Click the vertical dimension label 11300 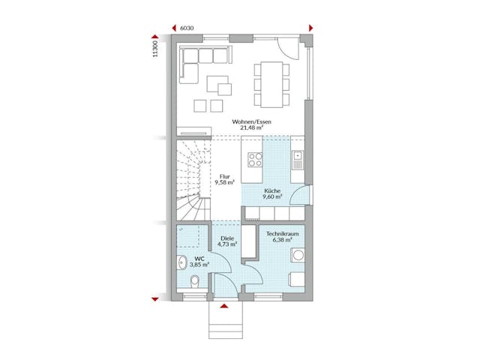(155, 49)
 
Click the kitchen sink (298, 159)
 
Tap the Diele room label (227, 241)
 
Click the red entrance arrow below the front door (223, 305)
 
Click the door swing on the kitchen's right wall (298, 196)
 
